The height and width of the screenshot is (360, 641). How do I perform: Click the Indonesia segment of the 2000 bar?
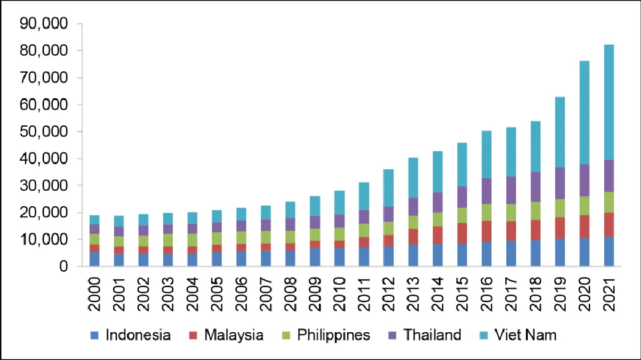pyautogui.click(x=94, y=259)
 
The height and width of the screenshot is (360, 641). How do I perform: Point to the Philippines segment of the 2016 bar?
pyautogui.click(x=486, y=213)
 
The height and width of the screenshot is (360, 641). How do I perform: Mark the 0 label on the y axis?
pyautogui.click(x=63, y=266)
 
